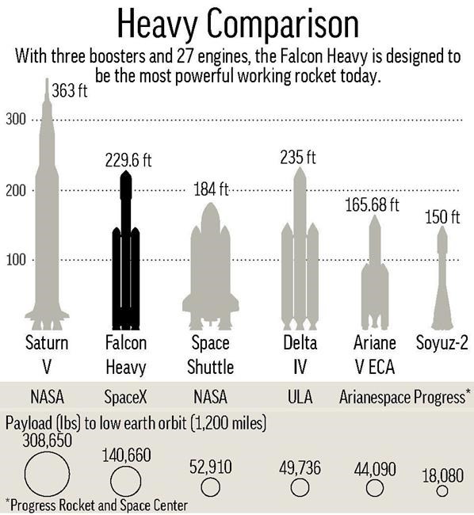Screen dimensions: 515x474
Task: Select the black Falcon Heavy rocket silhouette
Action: tap(125, 254)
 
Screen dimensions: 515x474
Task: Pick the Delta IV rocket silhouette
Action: tap(300, 254)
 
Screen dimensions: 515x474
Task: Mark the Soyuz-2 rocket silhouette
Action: tap(442, 285)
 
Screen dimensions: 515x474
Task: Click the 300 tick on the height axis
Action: tap(17, 120)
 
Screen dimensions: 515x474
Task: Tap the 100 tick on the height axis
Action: tap(17, 260)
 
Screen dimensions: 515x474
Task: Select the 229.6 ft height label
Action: tap(128, 161)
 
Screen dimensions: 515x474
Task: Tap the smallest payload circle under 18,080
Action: tap(442, 490)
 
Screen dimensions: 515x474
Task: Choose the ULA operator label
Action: tap(300, 395)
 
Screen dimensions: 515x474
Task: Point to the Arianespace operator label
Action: tap(374, 395)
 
